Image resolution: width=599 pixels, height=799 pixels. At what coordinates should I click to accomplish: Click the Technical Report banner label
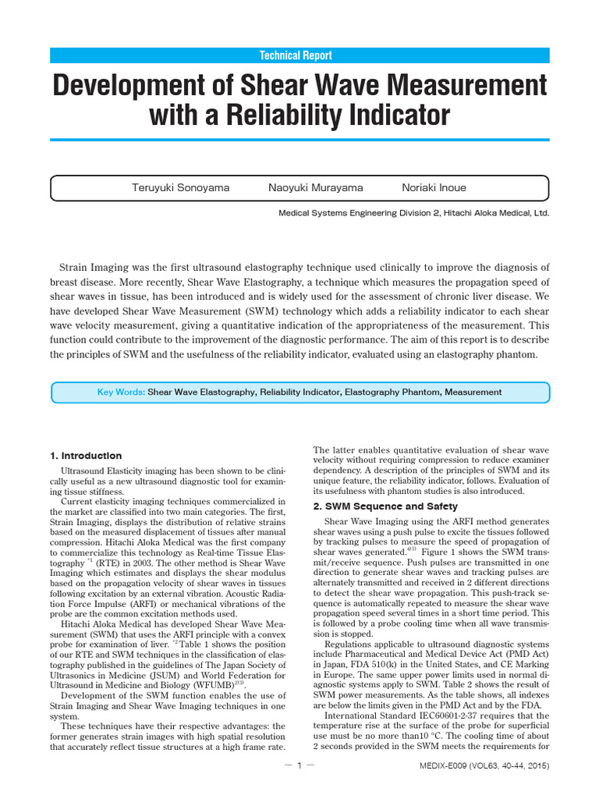(x=299, y=55)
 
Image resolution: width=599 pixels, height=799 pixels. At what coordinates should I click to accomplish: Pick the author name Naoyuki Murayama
(x=315, y=188)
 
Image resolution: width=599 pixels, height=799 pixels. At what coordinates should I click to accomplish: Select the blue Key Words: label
(x=121, y=392)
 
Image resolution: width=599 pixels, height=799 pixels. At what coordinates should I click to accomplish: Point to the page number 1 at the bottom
(x=299, y=766)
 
